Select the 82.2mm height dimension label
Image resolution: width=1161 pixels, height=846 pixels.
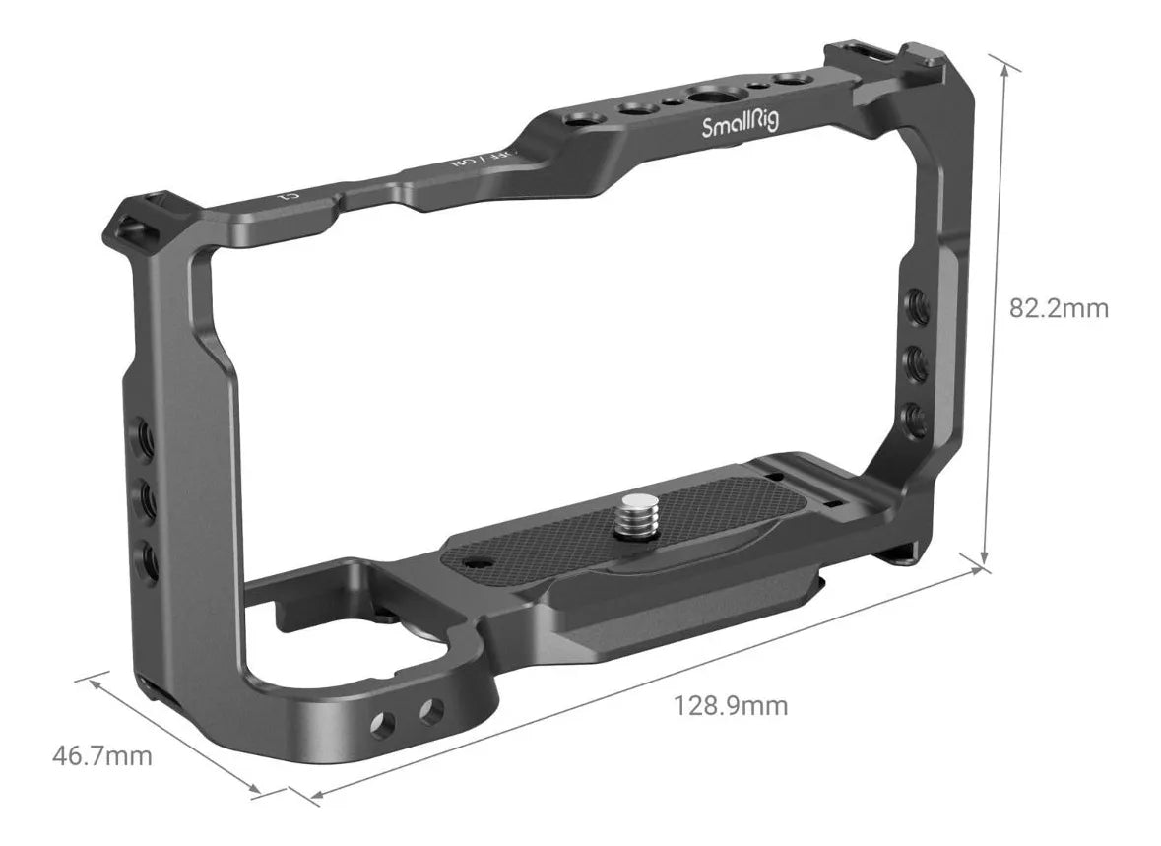click(x=1059, y=308)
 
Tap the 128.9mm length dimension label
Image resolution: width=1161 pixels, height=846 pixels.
click(x=731, y=705)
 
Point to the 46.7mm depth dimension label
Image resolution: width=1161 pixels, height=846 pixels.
click(x=102, y=755)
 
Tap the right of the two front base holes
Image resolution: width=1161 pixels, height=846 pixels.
click(x=429, y=709)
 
